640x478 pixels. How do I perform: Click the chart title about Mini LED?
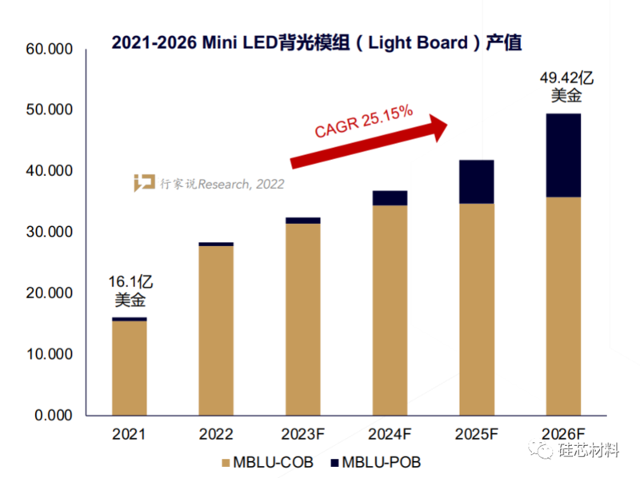pyautogui.click(x=320, y=41)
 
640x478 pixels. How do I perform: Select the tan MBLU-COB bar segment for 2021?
pyautogui.click(x=130, y=368)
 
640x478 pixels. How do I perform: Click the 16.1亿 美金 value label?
pyautogui.click(x=130, y=291)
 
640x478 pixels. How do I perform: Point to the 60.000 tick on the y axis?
pyautogui.click(x=50, y=50)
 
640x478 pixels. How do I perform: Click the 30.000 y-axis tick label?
pyautogui.click(x=50, y=233)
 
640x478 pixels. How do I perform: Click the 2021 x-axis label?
pyautogui.click(x=130, y=435)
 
